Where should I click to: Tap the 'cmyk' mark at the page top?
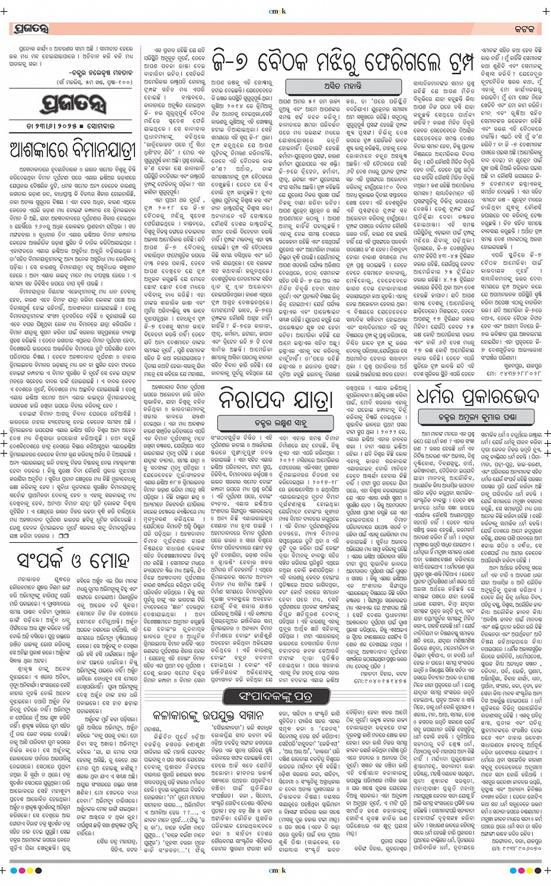coord(277,10)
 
